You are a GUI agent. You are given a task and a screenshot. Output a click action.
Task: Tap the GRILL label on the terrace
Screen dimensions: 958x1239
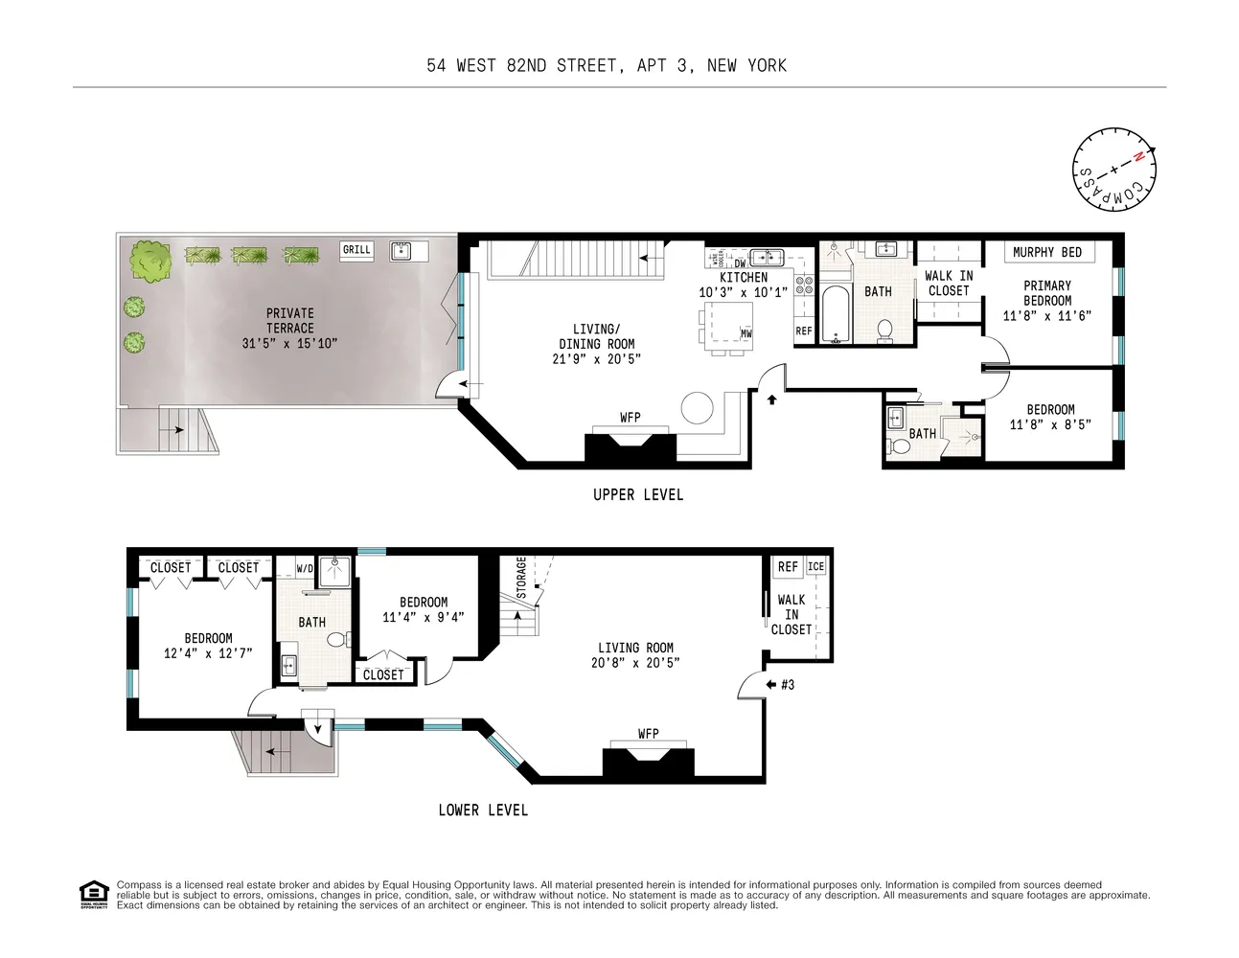coord(356,250)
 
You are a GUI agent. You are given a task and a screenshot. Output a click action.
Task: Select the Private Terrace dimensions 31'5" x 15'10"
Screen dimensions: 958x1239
coord(289,343)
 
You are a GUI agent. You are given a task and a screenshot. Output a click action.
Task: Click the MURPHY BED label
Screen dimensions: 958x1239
coord(1046,252)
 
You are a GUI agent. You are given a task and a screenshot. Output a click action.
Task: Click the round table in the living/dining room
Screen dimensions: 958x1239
coord(698,409)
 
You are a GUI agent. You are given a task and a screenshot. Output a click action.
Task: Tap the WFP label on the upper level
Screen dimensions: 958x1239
coord(630,418)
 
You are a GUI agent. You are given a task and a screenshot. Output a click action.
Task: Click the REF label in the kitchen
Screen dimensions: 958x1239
coord(803,331)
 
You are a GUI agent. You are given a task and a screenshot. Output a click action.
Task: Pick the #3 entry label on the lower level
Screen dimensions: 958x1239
coord(788,685)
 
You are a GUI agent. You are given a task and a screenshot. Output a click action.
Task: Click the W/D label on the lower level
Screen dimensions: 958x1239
coord(304,568)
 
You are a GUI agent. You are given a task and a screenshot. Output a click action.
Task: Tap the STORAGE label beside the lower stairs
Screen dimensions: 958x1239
coord(521,578)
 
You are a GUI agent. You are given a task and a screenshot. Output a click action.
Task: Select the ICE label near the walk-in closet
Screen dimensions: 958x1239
coord(815,566)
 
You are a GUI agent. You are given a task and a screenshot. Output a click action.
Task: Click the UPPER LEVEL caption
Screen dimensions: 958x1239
coord(638,494)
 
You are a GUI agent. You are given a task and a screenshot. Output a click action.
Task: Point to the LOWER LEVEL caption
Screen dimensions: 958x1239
coord(483,810)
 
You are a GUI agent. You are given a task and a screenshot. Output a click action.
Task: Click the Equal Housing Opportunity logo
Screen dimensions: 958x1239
coord(93,894)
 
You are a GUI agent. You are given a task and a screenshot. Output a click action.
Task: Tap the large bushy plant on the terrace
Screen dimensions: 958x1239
coord(151,260)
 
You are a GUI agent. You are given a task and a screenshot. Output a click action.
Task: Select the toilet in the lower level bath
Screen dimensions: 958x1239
coord(335,640)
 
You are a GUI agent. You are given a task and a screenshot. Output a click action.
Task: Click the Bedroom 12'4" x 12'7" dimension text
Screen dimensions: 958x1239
coord(208,654)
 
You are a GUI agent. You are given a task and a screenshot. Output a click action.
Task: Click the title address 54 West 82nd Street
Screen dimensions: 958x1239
coord(607,65)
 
